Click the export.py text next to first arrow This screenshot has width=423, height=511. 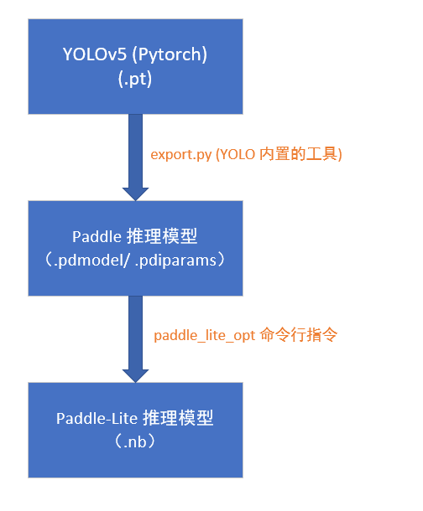point(180,154)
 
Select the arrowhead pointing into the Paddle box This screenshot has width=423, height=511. point(135,193)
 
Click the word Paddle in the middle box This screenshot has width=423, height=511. point(96,236)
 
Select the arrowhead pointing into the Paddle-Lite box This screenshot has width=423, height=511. point(135,374)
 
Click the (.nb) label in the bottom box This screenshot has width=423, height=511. point(135,441)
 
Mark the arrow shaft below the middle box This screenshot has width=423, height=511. point(135,331)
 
